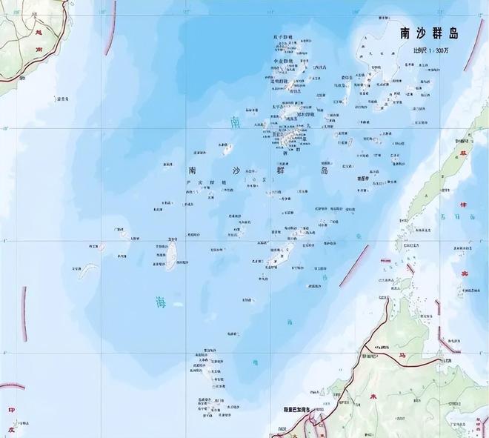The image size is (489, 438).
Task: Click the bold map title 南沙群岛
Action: tap(430, 33)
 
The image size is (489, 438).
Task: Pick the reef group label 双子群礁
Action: tap(282, 36)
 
